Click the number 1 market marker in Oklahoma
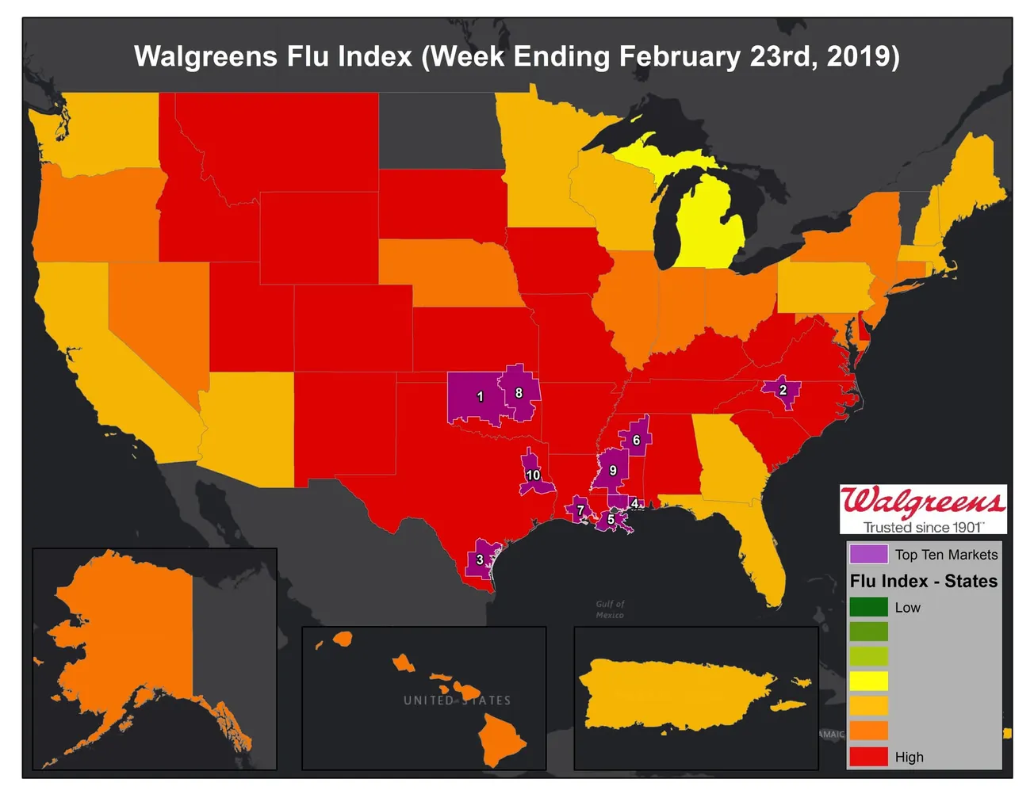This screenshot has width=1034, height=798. tap(480, 396)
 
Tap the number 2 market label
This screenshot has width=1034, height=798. tap(783, 390)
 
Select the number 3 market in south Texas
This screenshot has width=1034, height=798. tap(480, 559)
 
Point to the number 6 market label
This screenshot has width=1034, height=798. tap(636, 440)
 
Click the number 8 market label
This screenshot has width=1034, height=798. tap(519, 392)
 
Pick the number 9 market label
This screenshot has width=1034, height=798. tap(613, 470)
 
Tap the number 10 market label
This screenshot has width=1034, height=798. tap(533, 475)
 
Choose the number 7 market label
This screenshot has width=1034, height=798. tap(580, 510)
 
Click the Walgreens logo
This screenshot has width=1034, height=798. tap(923, 502)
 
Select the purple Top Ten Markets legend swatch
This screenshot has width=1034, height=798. tap(868, 554)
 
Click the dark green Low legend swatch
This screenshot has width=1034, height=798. tap(868, 607)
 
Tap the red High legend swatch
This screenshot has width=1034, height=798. tap(868, 756)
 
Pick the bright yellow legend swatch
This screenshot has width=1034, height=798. tap(868, 681)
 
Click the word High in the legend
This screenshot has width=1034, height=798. tap(909, 757)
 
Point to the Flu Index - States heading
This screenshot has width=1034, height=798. tap(923, 581)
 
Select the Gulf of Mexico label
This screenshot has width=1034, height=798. tap(610, 609)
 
